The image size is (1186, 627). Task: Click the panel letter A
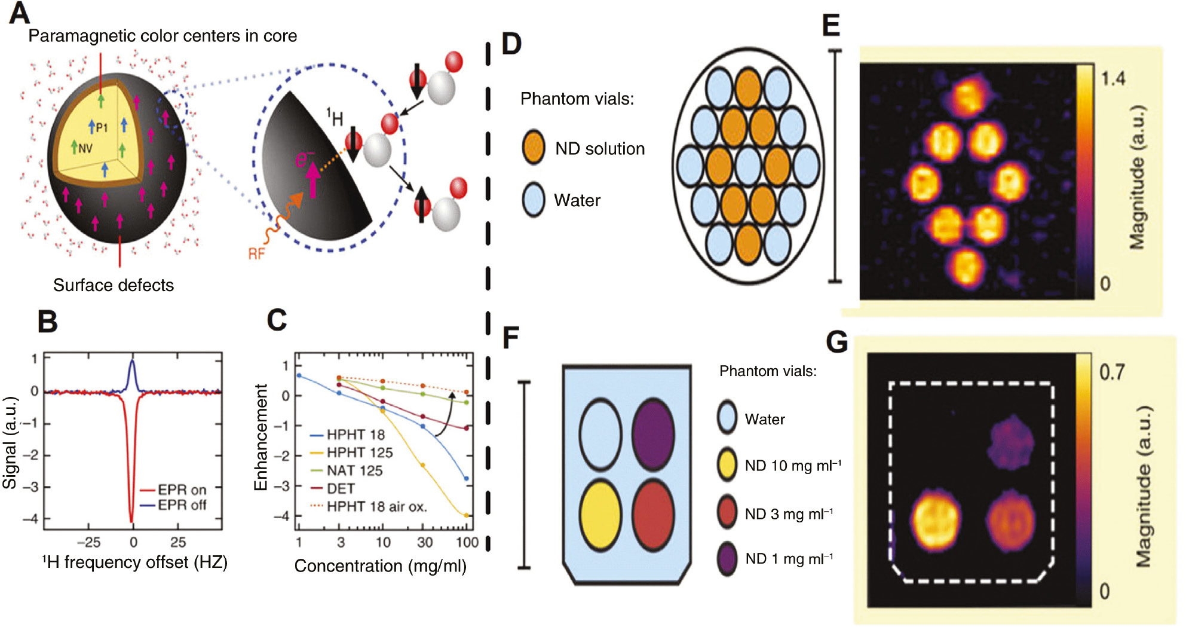click(x=19, y=13)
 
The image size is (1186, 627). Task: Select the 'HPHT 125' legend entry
click(x=359, y=452)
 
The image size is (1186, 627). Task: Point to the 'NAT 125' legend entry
click(x=354, y=470)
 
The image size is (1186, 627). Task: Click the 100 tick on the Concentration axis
click(x=467, y=542)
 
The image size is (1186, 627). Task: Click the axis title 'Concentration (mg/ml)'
click(x=380, y=565)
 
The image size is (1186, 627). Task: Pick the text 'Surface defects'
click(x=114, y=285)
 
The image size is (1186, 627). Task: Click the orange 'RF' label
click(x=256, y=254)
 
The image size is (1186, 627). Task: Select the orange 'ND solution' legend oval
click(x=533, y=148)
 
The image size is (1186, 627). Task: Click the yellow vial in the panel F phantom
click(x=600, y=515)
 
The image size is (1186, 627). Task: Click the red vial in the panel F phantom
click(x=653, y=515)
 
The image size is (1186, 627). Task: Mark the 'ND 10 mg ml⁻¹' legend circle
click(x=727, y=465)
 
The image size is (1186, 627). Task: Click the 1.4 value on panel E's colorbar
click(x=1113, y=78)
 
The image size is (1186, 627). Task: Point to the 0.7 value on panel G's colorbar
click(x=1111, y=372)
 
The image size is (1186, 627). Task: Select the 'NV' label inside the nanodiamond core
click(x=85, y=148)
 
